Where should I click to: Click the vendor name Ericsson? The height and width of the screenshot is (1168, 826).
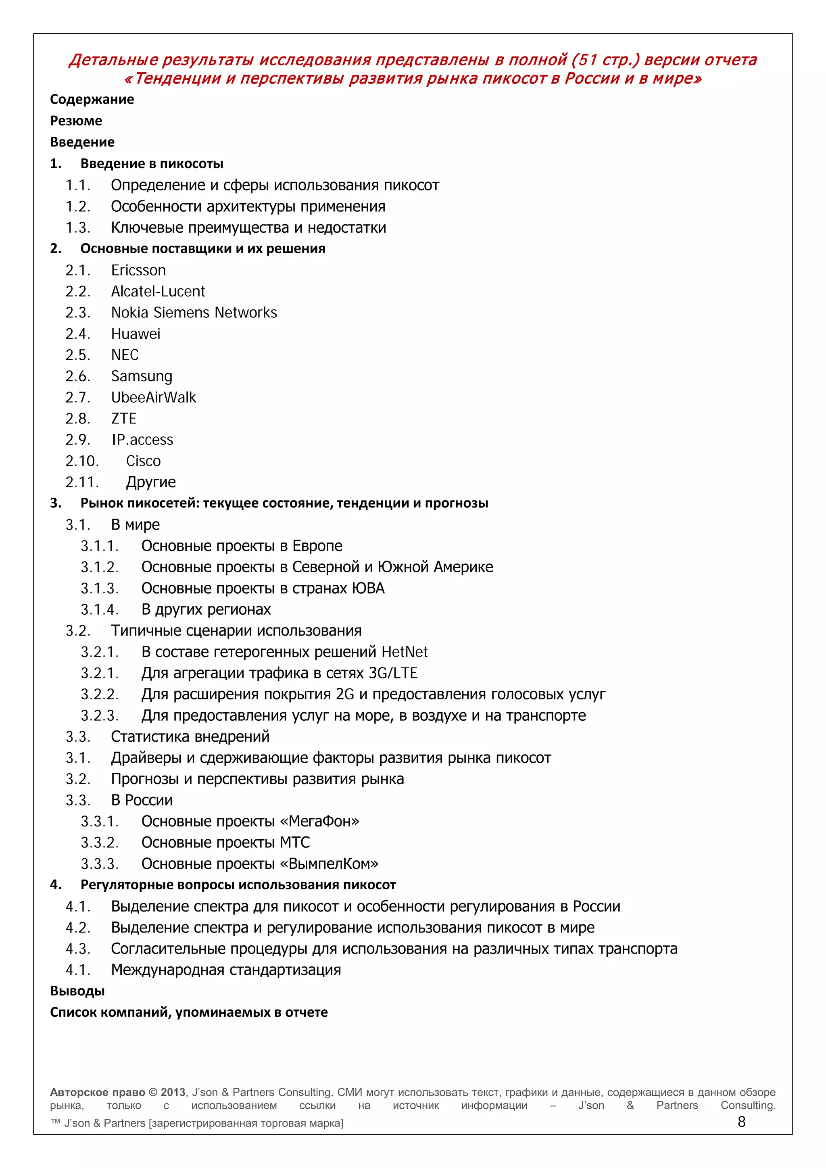138,270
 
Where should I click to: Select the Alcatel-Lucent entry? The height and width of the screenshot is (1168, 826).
158,292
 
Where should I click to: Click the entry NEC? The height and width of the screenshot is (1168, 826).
125,355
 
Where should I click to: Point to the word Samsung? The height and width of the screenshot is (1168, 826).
142,376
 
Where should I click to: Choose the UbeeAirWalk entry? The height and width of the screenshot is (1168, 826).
153,397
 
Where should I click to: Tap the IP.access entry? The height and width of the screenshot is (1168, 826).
142,440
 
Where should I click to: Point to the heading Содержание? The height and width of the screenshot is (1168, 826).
92,99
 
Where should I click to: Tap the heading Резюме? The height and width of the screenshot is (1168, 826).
76,121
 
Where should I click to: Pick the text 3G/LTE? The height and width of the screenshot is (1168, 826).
393,673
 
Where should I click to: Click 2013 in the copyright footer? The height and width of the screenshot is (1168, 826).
173,1092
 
